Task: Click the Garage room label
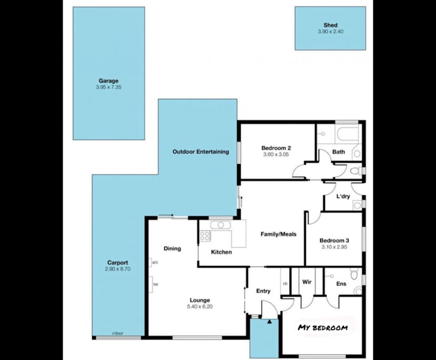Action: click(108, 81)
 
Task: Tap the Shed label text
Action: click(330, 25)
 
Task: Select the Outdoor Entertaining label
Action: click(201, 152)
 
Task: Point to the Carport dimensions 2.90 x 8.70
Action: click(117, 269)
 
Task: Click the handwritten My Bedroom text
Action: click(323, 328)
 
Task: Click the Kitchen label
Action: click(221, 252)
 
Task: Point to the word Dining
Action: click(172, 248)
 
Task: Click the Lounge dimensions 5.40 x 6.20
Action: click(200, 307)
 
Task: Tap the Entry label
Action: click(263, 291)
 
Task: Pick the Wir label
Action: click(307, 282)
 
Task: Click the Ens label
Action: click(341, 284)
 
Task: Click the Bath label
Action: click(339, 152)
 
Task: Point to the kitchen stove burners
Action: click(204, 236)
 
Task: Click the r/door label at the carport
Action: click(115, 334)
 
